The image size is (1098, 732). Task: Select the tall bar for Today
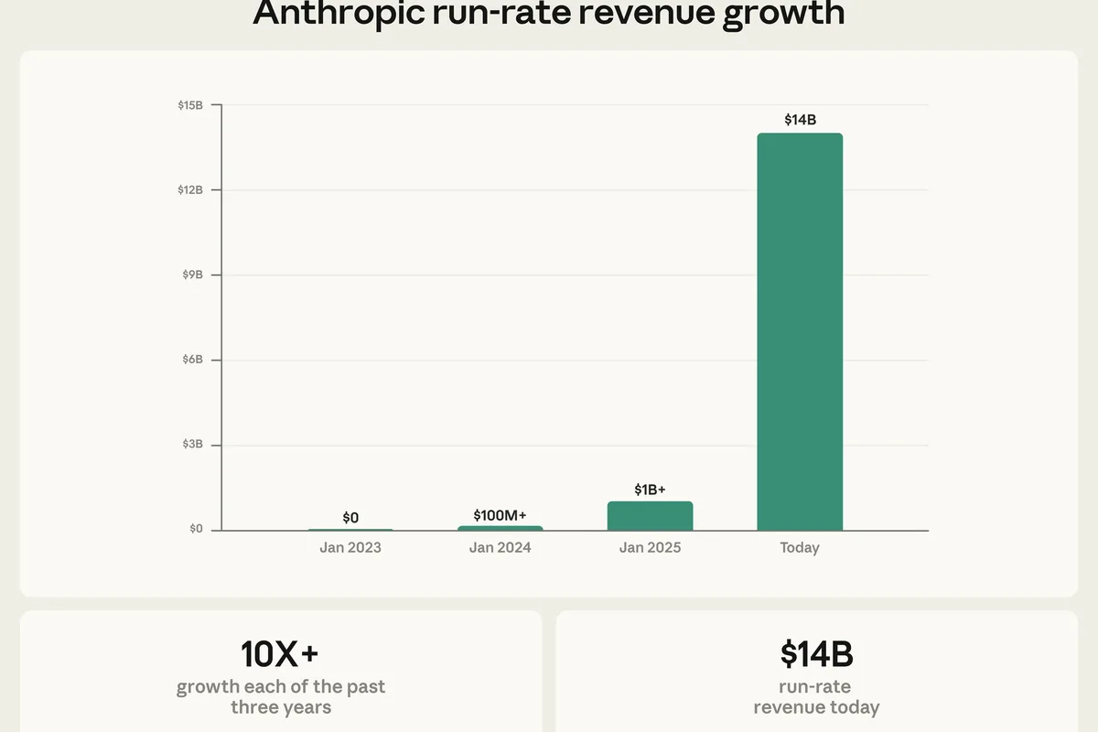point(800,331)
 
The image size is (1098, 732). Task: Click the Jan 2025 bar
point(650,516)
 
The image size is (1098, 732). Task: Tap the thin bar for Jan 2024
point(500,528)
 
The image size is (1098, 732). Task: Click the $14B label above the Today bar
point(800,120)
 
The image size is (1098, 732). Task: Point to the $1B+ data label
point(650,490)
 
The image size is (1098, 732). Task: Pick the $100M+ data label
point(500,515)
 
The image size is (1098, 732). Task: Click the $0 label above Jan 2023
point(350,517)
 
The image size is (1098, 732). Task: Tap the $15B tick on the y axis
point(190,105)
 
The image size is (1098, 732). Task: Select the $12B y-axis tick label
point(190,189)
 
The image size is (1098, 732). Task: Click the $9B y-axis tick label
point(193,274)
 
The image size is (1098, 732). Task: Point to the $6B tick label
point(193,360)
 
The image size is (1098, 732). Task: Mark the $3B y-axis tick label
point(193,444)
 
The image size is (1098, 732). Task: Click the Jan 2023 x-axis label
point(350,547)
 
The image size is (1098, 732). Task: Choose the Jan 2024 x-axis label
point(500,547)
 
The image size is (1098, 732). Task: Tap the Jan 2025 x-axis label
point(650,547)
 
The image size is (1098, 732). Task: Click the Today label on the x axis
point(800,548)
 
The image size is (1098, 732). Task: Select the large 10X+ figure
point(279,654)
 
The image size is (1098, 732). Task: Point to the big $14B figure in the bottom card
point(816,654)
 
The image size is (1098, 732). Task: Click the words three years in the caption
point(281,707)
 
